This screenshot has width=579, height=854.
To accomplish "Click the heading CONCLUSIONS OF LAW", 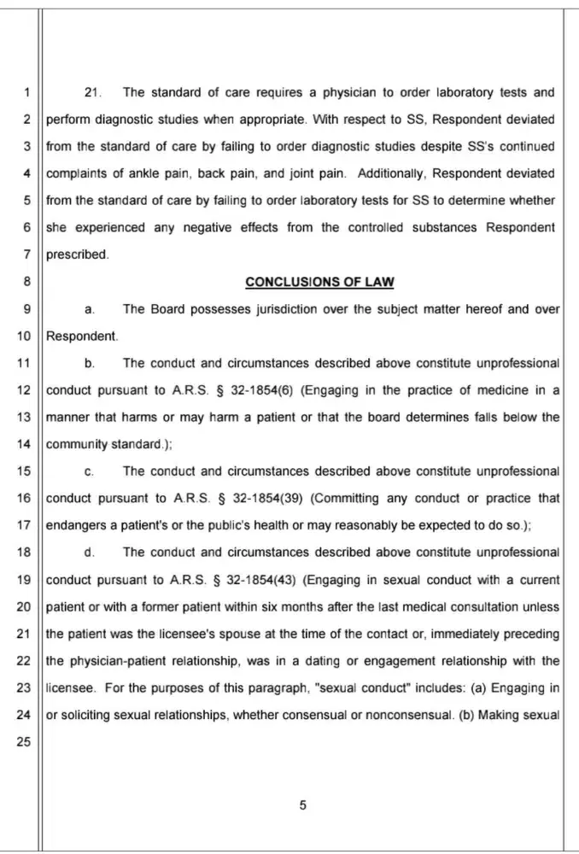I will pos(319,282).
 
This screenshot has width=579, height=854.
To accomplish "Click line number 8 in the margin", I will pos(26,282).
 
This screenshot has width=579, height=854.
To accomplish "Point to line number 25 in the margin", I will pos(23,742).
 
